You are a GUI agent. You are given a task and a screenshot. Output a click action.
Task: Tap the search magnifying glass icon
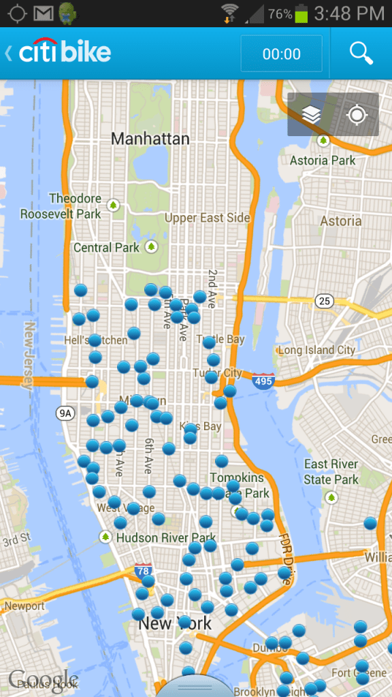click(x=361, y=52)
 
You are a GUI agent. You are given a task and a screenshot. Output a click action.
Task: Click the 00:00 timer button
click(x=281, y=54)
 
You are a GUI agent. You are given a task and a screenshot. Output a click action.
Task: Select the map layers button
click(x=311, y=115)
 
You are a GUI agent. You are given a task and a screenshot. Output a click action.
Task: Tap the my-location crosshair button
click(x=357, y=115)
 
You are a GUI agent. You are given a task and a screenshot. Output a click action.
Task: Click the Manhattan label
click(x=150, y=139)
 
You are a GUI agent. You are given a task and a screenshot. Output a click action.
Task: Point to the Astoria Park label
click(x=323, y=161)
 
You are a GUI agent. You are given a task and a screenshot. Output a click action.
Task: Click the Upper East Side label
click(x=208, y=218)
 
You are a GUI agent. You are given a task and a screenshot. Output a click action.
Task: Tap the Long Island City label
click(x=316, y=350)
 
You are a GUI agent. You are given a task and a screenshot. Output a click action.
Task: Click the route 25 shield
click(x=324, y=301)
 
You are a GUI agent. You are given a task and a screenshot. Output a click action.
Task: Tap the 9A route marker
click(x=65, y=412)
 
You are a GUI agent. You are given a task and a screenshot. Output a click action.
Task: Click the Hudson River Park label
click(x=166, y=538)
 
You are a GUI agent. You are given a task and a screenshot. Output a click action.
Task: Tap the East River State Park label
click(x=331, y=472)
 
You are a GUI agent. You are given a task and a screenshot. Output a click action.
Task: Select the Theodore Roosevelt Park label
click(x=61, y=206)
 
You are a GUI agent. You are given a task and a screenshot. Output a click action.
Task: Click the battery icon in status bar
click(x=301, y=13)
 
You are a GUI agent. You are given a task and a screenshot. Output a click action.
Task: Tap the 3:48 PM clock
click(x=349, y=13)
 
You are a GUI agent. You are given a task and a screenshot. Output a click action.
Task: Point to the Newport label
click(x=24, y=606)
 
